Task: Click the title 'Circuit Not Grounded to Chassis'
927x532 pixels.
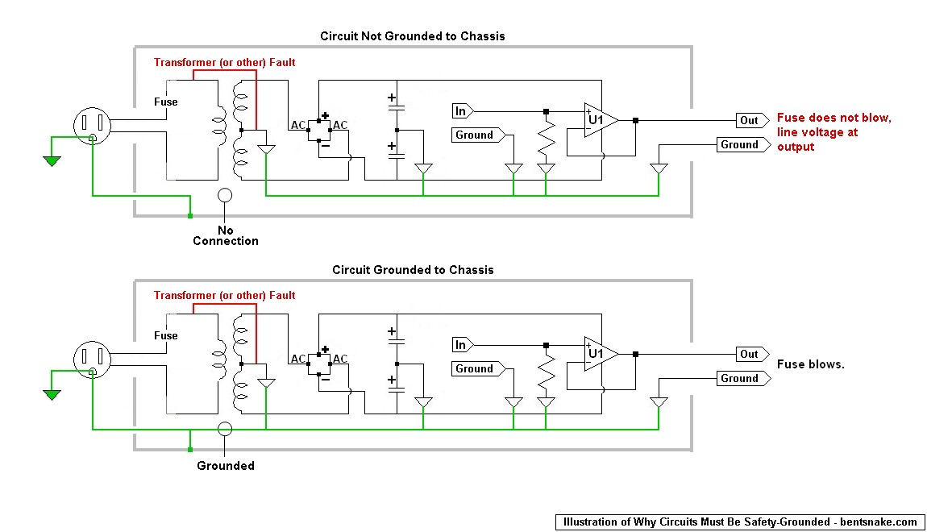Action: pos(413,36)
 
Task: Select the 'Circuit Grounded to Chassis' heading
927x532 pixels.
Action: pos(413,270)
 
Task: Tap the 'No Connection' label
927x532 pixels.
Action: pos(225,236)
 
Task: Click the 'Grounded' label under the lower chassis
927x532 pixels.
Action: pos(225,466)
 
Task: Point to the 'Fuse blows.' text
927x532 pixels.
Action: pos(811,364)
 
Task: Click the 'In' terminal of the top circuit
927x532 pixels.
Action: pos(463,111)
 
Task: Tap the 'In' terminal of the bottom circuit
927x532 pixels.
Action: pos(463,345)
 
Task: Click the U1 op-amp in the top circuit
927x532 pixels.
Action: pos(601,121)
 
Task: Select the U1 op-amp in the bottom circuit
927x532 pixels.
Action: pos(601,354)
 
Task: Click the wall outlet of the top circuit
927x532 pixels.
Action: pos(92,125)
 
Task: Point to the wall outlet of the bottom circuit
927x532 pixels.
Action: pos(92,360)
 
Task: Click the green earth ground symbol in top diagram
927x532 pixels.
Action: pos(52,160)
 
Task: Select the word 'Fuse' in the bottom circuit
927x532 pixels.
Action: pos(165,336)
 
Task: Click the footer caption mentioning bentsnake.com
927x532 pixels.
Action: pos(740,522)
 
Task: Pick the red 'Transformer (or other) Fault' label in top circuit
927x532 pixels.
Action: pos(225,63)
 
